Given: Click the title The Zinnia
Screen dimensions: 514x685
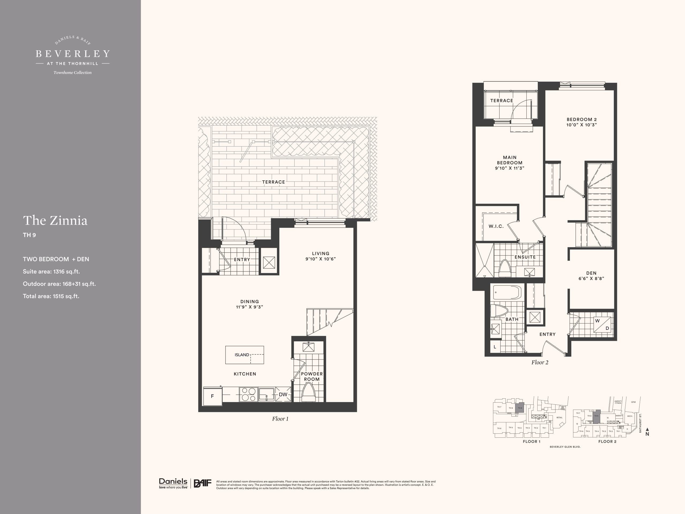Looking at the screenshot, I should click(55, 221).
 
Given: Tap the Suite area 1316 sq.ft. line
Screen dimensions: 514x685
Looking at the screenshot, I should click(51, 271).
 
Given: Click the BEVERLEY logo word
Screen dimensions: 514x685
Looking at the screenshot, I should click(73, 54).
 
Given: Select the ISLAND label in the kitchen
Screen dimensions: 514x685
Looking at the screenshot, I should click(242, 355).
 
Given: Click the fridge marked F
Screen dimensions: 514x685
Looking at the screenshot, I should click(212, 396).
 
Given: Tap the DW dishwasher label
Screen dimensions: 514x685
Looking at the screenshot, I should click(283, 394).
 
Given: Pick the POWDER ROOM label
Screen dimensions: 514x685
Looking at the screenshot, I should click(311, 376).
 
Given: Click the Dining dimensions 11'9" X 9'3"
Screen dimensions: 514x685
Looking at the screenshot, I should click(249, 307).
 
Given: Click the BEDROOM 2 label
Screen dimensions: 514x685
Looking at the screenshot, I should click(581, 119).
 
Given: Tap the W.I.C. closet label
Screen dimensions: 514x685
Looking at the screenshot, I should click(496, 226).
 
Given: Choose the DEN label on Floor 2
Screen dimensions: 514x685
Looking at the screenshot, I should click(591, 273).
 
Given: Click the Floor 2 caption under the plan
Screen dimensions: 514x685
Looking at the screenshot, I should click(540, 362).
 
